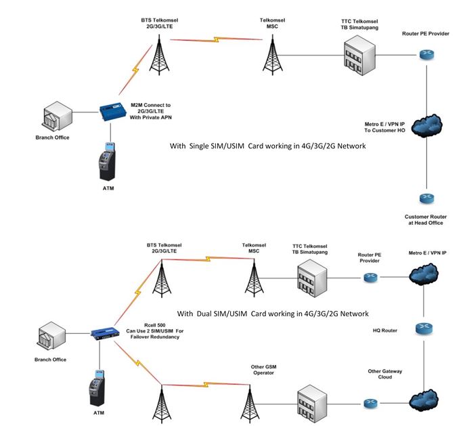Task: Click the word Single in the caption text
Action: (x=204, y=146)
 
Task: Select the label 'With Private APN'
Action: (x=151, y=118)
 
